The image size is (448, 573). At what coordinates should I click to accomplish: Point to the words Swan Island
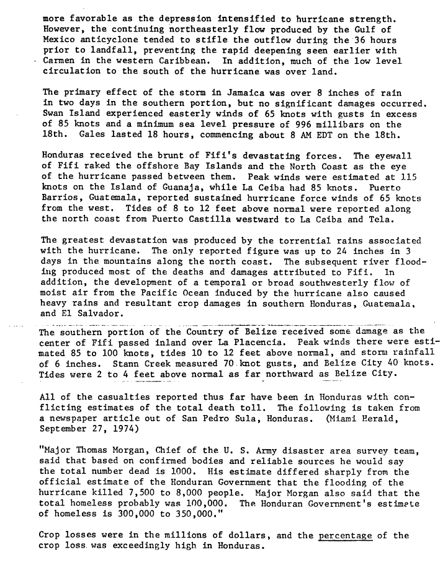(x=69, y=115)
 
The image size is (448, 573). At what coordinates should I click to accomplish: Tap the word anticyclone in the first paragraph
(x=106, y=40)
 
